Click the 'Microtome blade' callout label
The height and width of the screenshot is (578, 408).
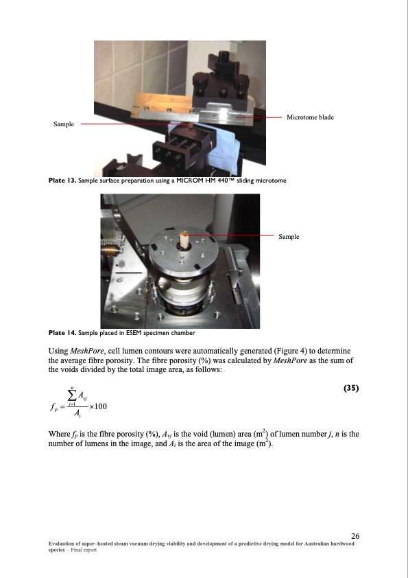coord(310,117)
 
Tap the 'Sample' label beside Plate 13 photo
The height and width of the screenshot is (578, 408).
coord(64,124)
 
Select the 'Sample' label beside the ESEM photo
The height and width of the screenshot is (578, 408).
coord(289,237)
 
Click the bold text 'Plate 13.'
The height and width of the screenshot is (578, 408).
coord(62,181)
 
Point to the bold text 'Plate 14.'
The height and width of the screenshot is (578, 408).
coord(62,333)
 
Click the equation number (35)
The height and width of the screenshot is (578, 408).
coord(351,388)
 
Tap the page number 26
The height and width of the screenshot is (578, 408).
coord(355,536)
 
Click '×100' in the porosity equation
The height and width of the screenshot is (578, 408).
coord(98,406)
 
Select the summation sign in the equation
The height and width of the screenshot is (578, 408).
coord(72,395)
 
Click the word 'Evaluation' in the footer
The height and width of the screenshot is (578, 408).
coord(61,544)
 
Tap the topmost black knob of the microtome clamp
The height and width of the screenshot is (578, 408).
coord(223,58)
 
